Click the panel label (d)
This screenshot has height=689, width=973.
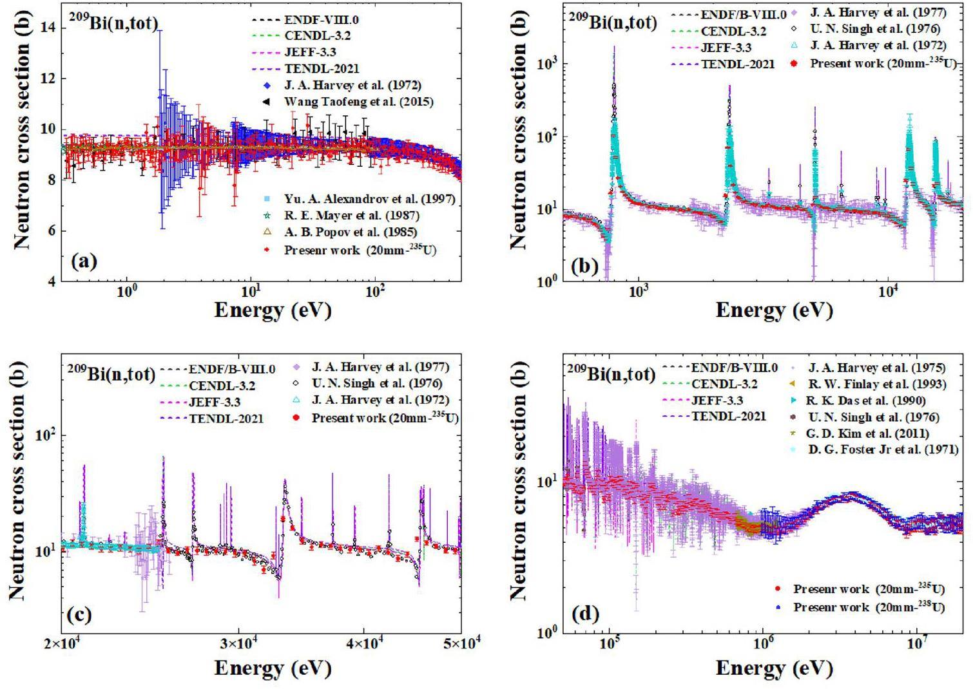point(585,613)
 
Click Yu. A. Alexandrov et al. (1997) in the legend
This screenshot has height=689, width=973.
point(369,199)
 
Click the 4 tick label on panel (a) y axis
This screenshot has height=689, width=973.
point(50,281)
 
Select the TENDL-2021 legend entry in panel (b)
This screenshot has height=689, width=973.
point(738,64)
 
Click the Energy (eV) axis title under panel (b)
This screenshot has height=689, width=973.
point(774,310)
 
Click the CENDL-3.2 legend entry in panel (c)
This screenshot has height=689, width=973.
point(222,386)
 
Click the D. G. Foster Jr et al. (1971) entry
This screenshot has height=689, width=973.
point(883,449)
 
